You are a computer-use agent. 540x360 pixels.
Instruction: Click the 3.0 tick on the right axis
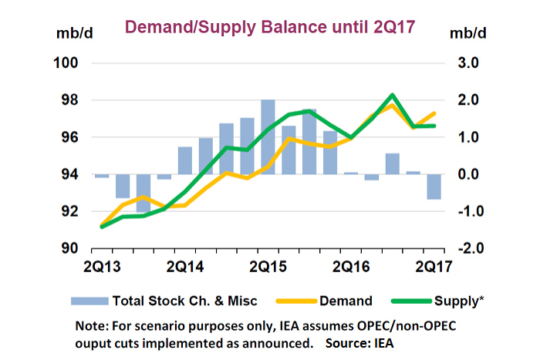tap(471, 62)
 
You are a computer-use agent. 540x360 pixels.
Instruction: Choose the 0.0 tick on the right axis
tap(471, 174)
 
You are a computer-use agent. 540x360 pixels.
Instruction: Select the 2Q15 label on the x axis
tap(268, 267)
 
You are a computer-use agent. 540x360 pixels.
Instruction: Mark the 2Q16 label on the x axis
tap(352, 267)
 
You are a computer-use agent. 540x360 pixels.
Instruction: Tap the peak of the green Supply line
tap(393, 96)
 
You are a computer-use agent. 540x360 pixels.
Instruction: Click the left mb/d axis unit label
tap(72, 34)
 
